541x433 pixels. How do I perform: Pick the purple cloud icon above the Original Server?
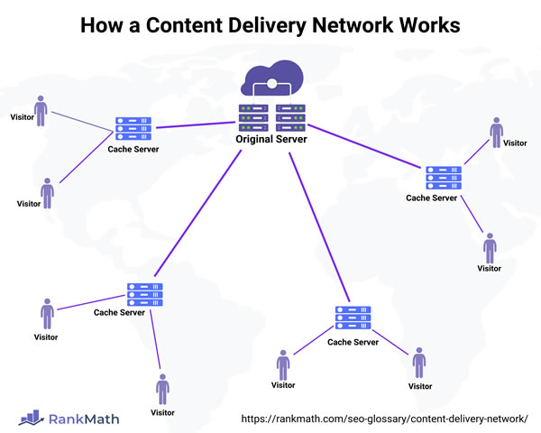[271, 80]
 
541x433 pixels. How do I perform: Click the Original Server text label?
[271, 140]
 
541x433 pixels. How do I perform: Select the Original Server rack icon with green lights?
[271, 115]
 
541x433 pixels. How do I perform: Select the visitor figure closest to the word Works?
[496, 131]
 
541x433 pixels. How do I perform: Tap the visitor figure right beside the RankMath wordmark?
[162, 390]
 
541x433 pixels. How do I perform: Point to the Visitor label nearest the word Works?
[515, 143]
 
